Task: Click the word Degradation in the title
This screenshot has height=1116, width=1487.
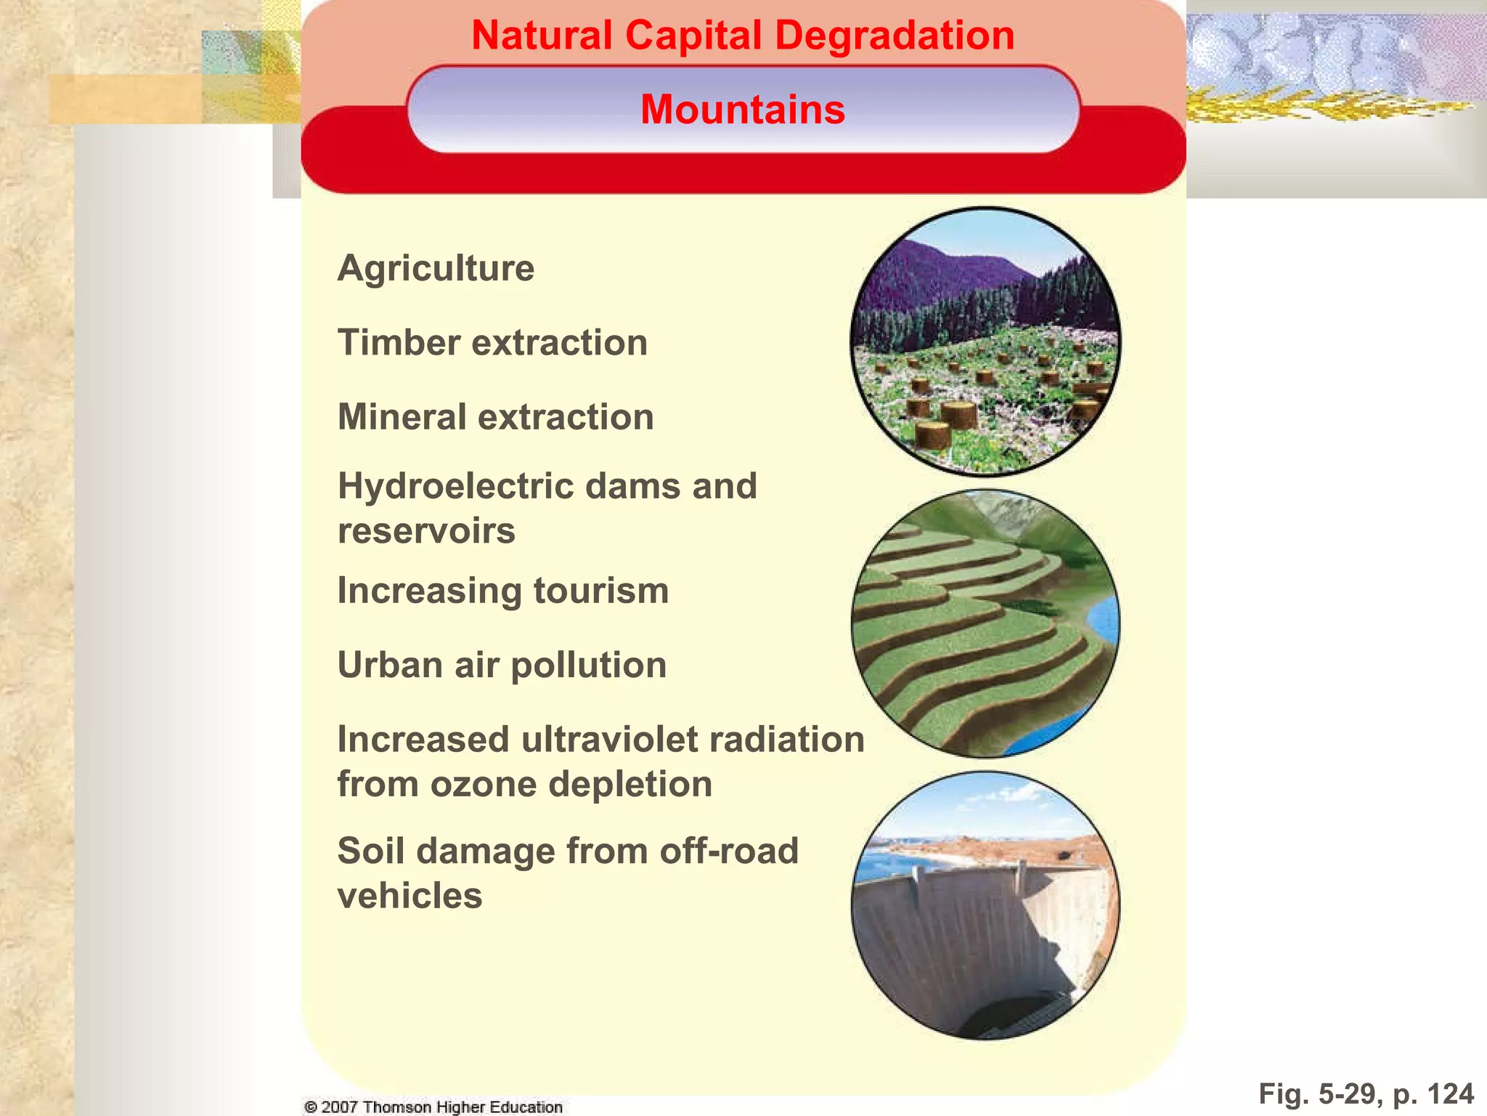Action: pos(897,36)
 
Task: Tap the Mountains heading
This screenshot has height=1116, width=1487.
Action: pos(743,110)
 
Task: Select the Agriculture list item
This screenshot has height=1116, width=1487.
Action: pos(436,268)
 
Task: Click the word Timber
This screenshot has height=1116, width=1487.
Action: pos(397,342)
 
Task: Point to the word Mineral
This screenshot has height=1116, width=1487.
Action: pos(402,417)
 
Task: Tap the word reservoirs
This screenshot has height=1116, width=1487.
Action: pos(426,531)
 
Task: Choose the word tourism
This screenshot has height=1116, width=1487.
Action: pos(600,591)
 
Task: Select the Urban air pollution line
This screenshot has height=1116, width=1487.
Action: pos(502,665)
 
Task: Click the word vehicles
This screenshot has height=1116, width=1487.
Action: pos(410,896)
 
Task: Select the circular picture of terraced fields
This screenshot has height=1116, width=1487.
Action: pos(985,623)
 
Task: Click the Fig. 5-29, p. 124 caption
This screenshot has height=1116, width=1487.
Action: pos(1366,1093)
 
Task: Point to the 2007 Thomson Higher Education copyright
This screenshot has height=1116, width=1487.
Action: pos(433,1107)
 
